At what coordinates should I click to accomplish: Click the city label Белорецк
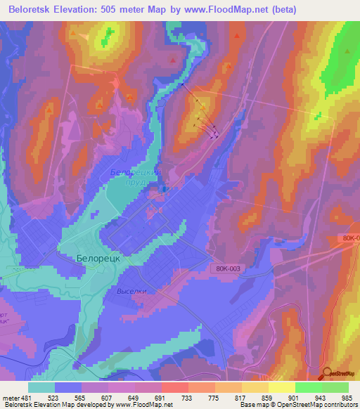click(x=99, y=258)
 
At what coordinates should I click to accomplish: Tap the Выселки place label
click(x=131, y=290)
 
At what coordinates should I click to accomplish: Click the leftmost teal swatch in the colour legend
click(x=41, y=387)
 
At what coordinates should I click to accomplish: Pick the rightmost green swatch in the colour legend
click(x=335, y=387)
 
